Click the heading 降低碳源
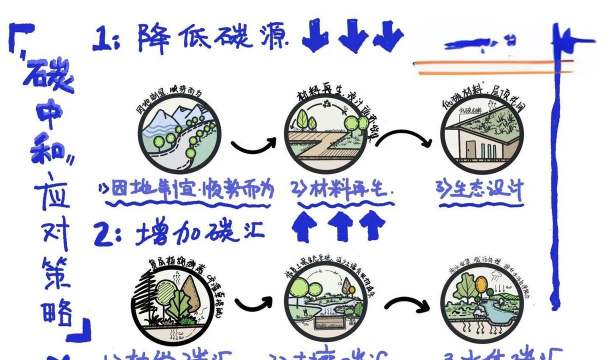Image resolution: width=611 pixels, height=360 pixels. point(219,38)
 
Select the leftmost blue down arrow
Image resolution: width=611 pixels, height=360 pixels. point(316,36)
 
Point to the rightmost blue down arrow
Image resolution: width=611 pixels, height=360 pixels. point(387,36)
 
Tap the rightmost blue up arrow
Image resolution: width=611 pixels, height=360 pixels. point(372,227)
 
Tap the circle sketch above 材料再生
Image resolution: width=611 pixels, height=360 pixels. point(326,136)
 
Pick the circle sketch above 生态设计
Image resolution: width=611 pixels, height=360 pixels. point(484,138)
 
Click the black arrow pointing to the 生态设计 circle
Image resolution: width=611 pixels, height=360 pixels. point(404,145)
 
